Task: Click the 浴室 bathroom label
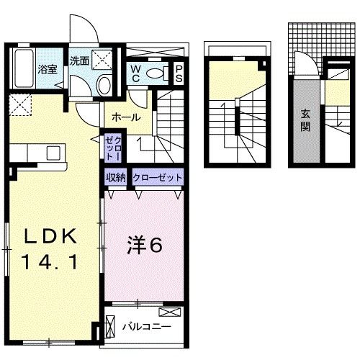(48, 70)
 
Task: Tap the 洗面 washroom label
(79, 61)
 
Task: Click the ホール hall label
(125, 117)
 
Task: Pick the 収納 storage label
(117, 177)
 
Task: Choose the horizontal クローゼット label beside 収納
(156, 177)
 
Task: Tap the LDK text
(52, 237)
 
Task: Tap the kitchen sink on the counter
(53, 153)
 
